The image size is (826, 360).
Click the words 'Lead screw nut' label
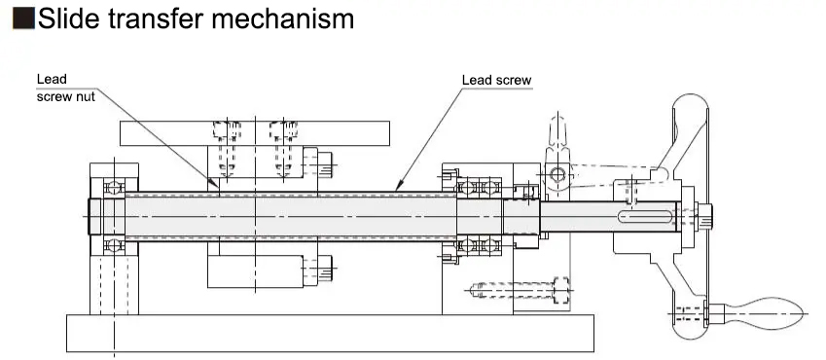pyautogui.click(x=65, y=88)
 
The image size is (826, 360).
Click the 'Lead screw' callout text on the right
pyautogui.click(x=496, y=80)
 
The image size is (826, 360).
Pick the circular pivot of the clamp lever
pyautogui.click(x=557, y=176)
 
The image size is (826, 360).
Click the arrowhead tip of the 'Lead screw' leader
pyautogui.click(x=396, y=188)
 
